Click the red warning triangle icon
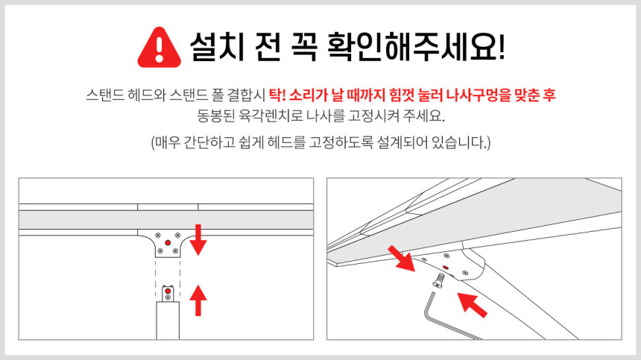159,48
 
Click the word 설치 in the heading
217,46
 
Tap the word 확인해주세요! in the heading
416,46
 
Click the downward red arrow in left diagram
198,239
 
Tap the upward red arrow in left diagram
198,300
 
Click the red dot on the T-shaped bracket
168,243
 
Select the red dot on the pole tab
168,291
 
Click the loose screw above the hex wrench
439,281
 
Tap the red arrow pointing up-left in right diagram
472,305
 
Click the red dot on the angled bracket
445,268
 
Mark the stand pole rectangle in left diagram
168,320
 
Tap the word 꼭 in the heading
304,46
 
